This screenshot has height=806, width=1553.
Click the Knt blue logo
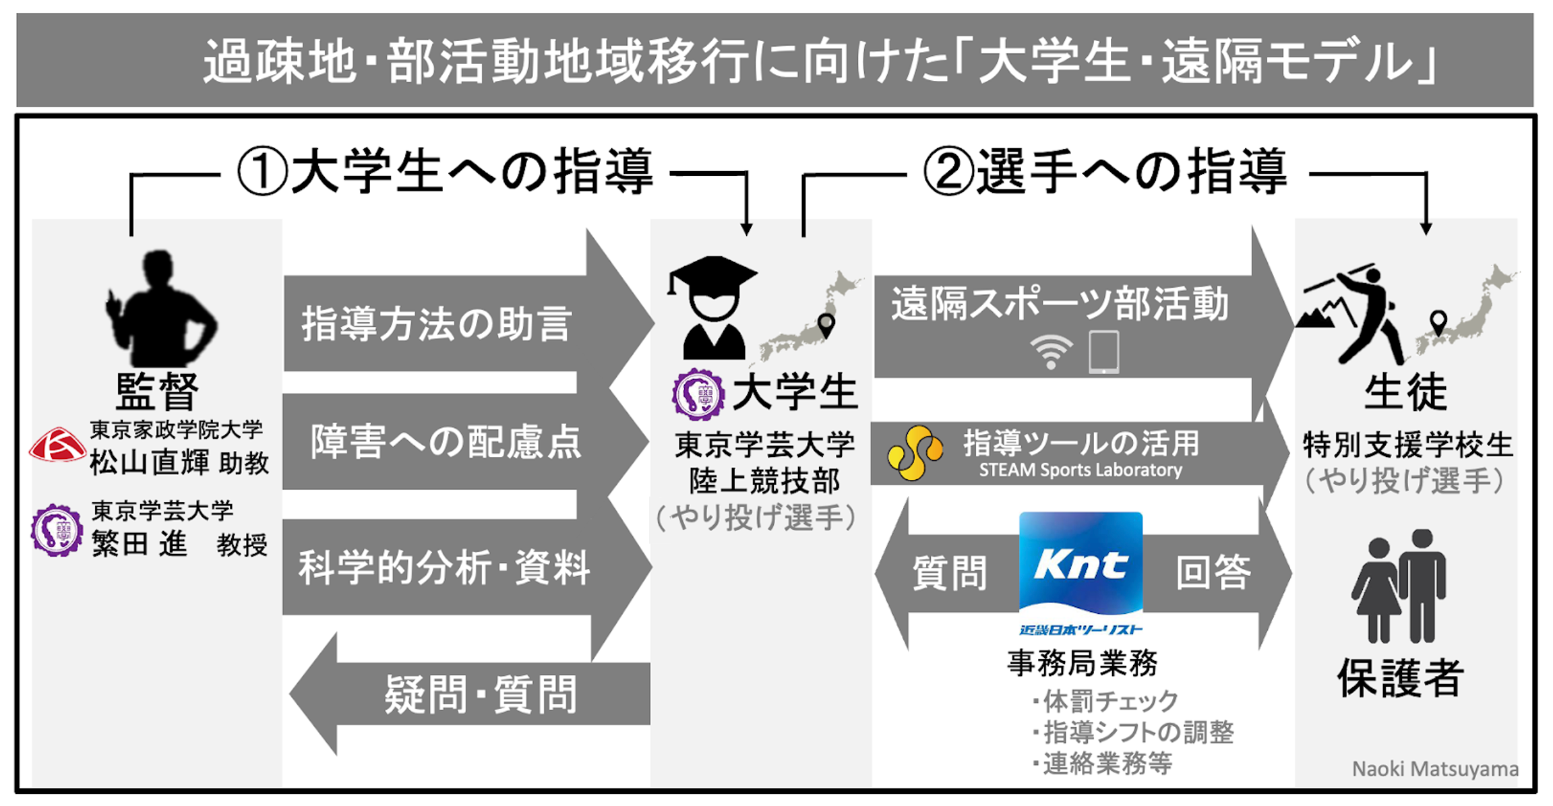click(x=1080, y=563)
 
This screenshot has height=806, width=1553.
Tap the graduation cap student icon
click(x=712, y=307)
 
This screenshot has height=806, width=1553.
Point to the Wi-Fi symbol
click(x=1051, y=352)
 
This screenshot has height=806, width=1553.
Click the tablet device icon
click(x=1104, y=352)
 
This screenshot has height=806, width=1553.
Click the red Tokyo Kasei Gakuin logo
click(x=57, y=445)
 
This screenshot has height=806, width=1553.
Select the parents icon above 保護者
click(x=1399, y=586)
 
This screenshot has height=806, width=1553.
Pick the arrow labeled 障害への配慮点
click(x=445, y=442)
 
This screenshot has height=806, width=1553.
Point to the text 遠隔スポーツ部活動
click(x=1060, y=304)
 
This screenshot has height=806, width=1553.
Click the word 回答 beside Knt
click(x=1213, y=573)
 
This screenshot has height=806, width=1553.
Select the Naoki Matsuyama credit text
click(x=1435, y=769)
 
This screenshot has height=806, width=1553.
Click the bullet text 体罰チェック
click(x=1109, y=702)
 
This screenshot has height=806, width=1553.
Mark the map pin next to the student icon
click(x=826, y=325)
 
